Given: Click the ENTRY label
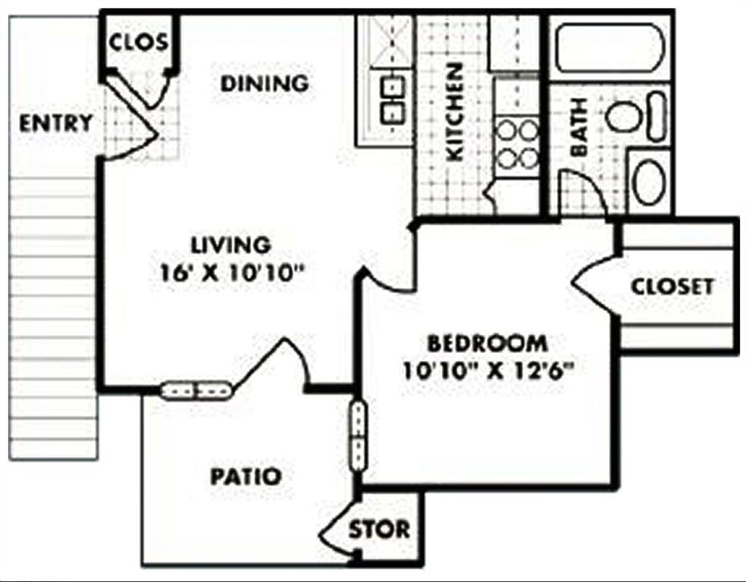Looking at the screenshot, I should click(x=55, y=123).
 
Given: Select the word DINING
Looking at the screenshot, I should click(x=265, y=83).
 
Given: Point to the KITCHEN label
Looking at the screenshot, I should click(x=454, y=112).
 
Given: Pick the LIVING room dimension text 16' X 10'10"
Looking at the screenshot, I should click(x=232, y=272).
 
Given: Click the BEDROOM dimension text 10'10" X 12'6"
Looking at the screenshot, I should click(x=488, y=371).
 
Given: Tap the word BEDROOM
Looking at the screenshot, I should click(x=487, y=343).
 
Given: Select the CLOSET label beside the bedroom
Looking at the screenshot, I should click(x=672, y=286).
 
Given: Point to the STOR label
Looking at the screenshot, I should click(x=379, y=529).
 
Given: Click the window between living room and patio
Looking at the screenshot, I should click(x=196, y=391).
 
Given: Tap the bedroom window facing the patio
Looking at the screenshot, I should click(x=358, y=436).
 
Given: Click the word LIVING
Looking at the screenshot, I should click(x=230, y=245).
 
